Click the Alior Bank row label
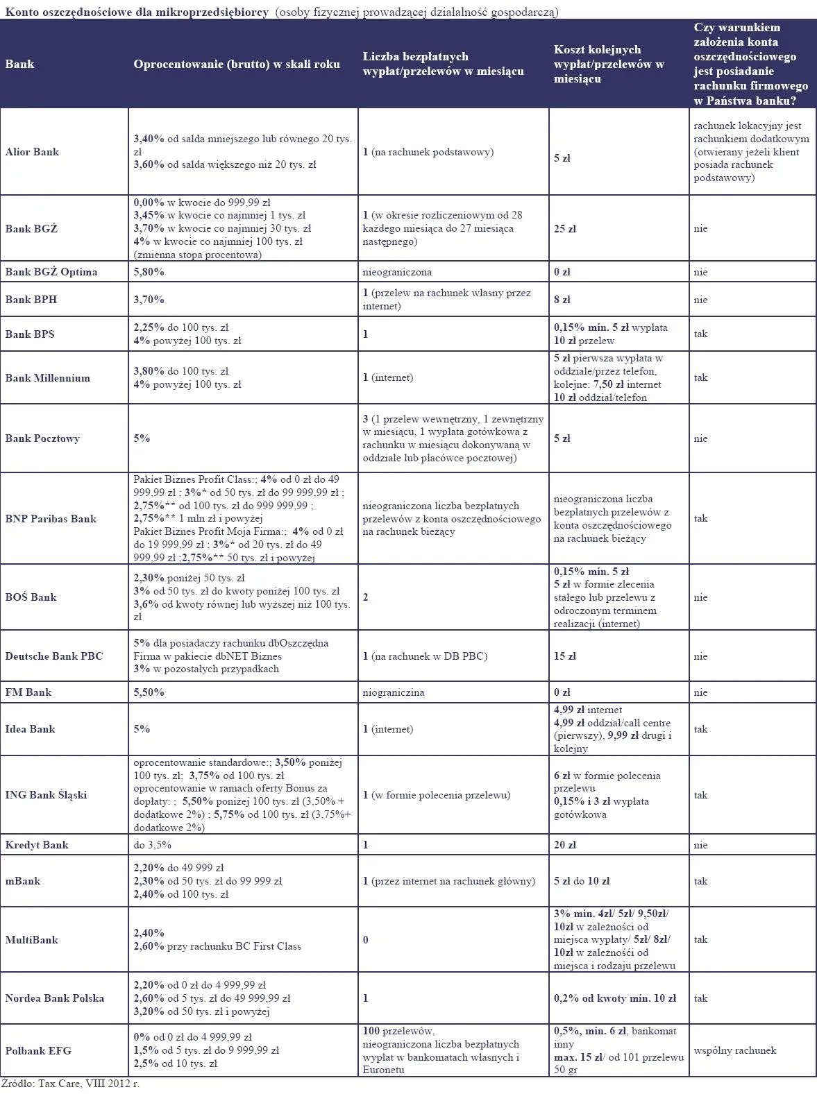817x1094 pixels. (32, 152)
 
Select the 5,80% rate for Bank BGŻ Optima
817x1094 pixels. (149, 272)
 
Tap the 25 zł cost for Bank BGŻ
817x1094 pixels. (565, 229)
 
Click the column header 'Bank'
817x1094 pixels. (19, 64)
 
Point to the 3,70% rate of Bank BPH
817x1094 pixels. (149, 300)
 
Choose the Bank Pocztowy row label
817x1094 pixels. (42, 438)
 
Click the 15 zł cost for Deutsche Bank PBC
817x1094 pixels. (565, 656)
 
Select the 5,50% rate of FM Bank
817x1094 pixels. (149, 692)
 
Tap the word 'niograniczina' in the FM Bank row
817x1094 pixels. (394, 692)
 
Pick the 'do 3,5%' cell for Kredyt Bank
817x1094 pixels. (152, 845)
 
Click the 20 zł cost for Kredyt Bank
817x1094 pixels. (565, 845)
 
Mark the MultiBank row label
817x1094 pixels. (31, 940)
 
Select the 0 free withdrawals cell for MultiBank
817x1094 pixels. (366, 940)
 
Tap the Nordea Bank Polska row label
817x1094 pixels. (54, 998)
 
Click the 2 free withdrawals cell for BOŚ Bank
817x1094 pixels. (366, 597)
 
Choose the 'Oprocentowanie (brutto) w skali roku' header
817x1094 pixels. (237, 64)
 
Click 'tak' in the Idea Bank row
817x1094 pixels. (701, 729)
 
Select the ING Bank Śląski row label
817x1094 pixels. (46, 795)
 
